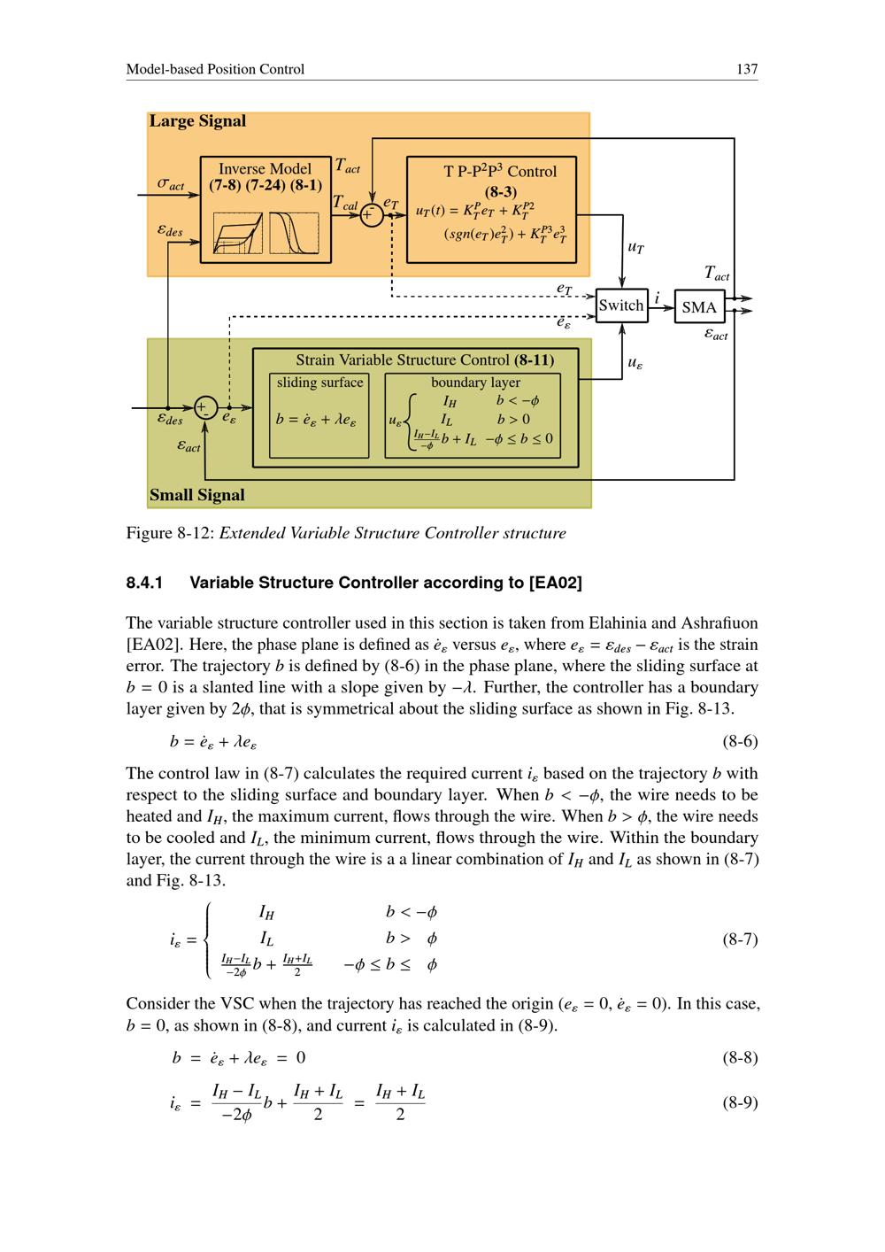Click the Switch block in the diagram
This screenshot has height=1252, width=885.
pyautogui.click(x=621, y=305)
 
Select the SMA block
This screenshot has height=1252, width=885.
pyautogui.click(x=699, y=307)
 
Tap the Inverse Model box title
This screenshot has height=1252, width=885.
pyautogui.click(x=265, y=169)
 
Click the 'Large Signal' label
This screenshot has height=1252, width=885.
pyautogui.click(x=197, y=121)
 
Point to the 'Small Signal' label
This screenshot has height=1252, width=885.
pyautogui.click(x=196, y=495)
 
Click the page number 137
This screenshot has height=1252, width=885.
pyautogui.click(x=747, y=69)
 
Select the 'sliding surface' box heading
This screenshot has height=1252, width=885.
pyautogui.click(x=319, y=383)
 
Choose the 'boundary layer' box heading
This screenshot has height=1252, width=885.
pyautogui.click(x=475, y=383)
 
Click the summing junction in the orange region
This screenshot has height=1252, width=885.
pyautogui.click(x=372, y=214)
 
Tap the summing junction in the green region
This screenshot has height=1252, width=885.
pyautogui.click(x=204, y=408)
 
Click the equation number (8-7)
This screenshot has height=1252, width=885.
pyautogui.click(x=740, y=939)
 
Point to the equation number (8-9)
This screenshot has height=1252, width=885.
pyautogui.click(x=740, y=1103)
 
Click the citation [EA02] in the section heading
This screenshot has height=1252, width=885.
pyautogui.click(x=554, y=583)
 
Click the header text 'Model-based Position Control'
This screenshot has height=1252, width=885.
pyautogui.click(x=215, y=69)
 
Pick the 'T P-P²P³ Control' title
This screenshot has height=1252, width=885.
pyautogui.click(x=500, y=171)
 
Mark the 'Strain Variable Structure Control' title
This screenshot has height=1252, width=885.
pyautogui.click(x=404, y=360)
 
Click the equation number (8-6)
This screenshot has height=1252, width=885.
pyautogui.click(x=740, y=741)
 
